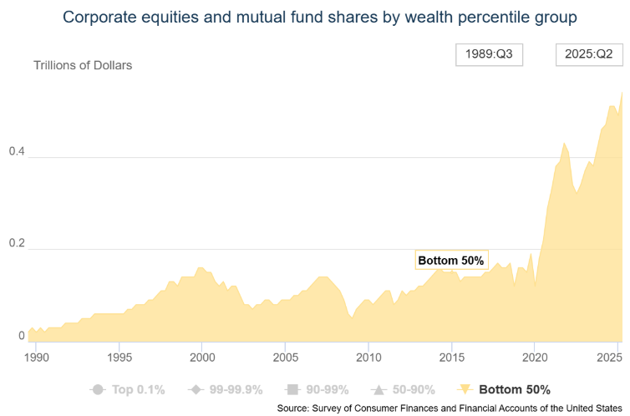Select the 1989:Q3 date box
pyautogui.click(x=489, y=54)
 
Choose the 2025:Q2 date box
pyautogui.click(x=590, y=54)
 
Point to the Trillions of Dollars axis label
pyautogui.click(x=83, y=65)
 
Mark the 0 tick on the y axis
pyautogui.click(x=9, y=336)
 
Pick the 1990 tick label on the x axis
pyautogui.click(x=36, y=358)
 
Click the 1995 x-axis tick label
pyautogui.click(x=119, y=358)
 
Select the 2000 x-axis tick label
pyautogui.click(x=202, y=358)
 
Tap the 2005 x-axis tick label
pyautogui.click(x=285, y=358)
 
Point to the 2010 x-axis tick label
pyautogui.click(x=368, y=358)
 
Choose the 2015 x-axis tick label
pyautogui.click(x=451, y=358)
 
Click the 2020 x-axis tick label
pyautogui.click(x=535, y=358)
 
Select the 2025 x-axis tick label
pyautogui.click(x=617, y=358)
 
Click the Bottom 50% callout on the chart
pyautogui.click(x=450, y=260)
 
